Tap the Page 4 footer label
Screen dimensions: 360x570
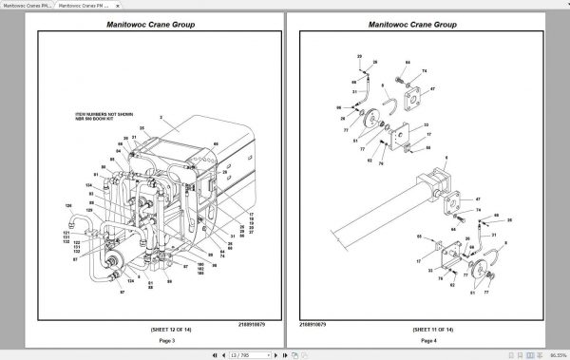pyautogui.click(x=429, y=340)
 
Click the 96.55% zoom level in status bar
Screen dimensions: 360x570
pyautogui.click(x=555, y=354)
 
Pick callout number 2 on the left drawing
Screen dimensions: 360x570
pyautogui.click(x=162, y=119)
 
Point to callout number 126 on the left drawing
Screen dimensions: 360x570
pyautogui.click(x=68, y=205)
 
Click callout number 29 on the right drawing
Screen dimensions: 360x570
pyautogui.click(x=360, y=58)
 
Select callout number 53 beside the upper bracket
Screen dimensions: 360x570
pyautogui.click(x=426, y=125)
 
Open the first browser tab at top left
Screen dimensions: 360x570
pyautogui.click(x=27, y=5)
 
